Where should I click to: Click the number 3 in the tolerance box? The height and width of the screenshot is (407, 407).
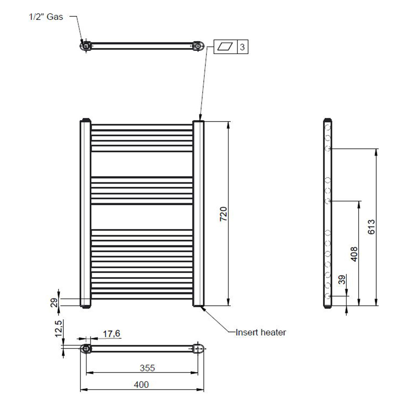[242, 47]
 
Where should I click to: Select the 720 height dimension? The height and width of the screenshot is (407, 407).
[223, 214]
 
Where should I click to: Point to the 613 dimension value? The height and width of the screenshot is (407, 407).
[371, 227]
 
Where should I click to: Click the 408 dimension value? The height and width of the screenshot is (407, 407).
[354, 254]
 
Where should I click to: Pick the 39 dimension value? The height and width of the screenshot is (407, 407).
[342, 279]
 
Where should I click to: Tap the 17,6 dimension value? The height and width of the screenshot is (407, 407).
[111, 334]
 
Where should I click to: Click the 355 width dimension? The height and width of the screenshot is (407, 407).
[147, 368]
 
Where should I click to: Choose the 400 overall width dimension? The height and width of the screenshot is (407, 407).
[141, 385]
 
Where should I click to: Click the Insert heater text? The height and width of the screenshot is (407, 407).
[261, 332]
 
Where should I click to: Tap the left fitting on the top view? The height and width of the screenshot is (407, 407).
[86, 46]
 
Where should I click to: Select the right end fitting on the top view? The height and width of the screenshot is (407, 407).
[198, 46]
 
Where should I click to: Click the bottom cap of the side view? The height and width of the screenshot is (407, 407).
[328, 307]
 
